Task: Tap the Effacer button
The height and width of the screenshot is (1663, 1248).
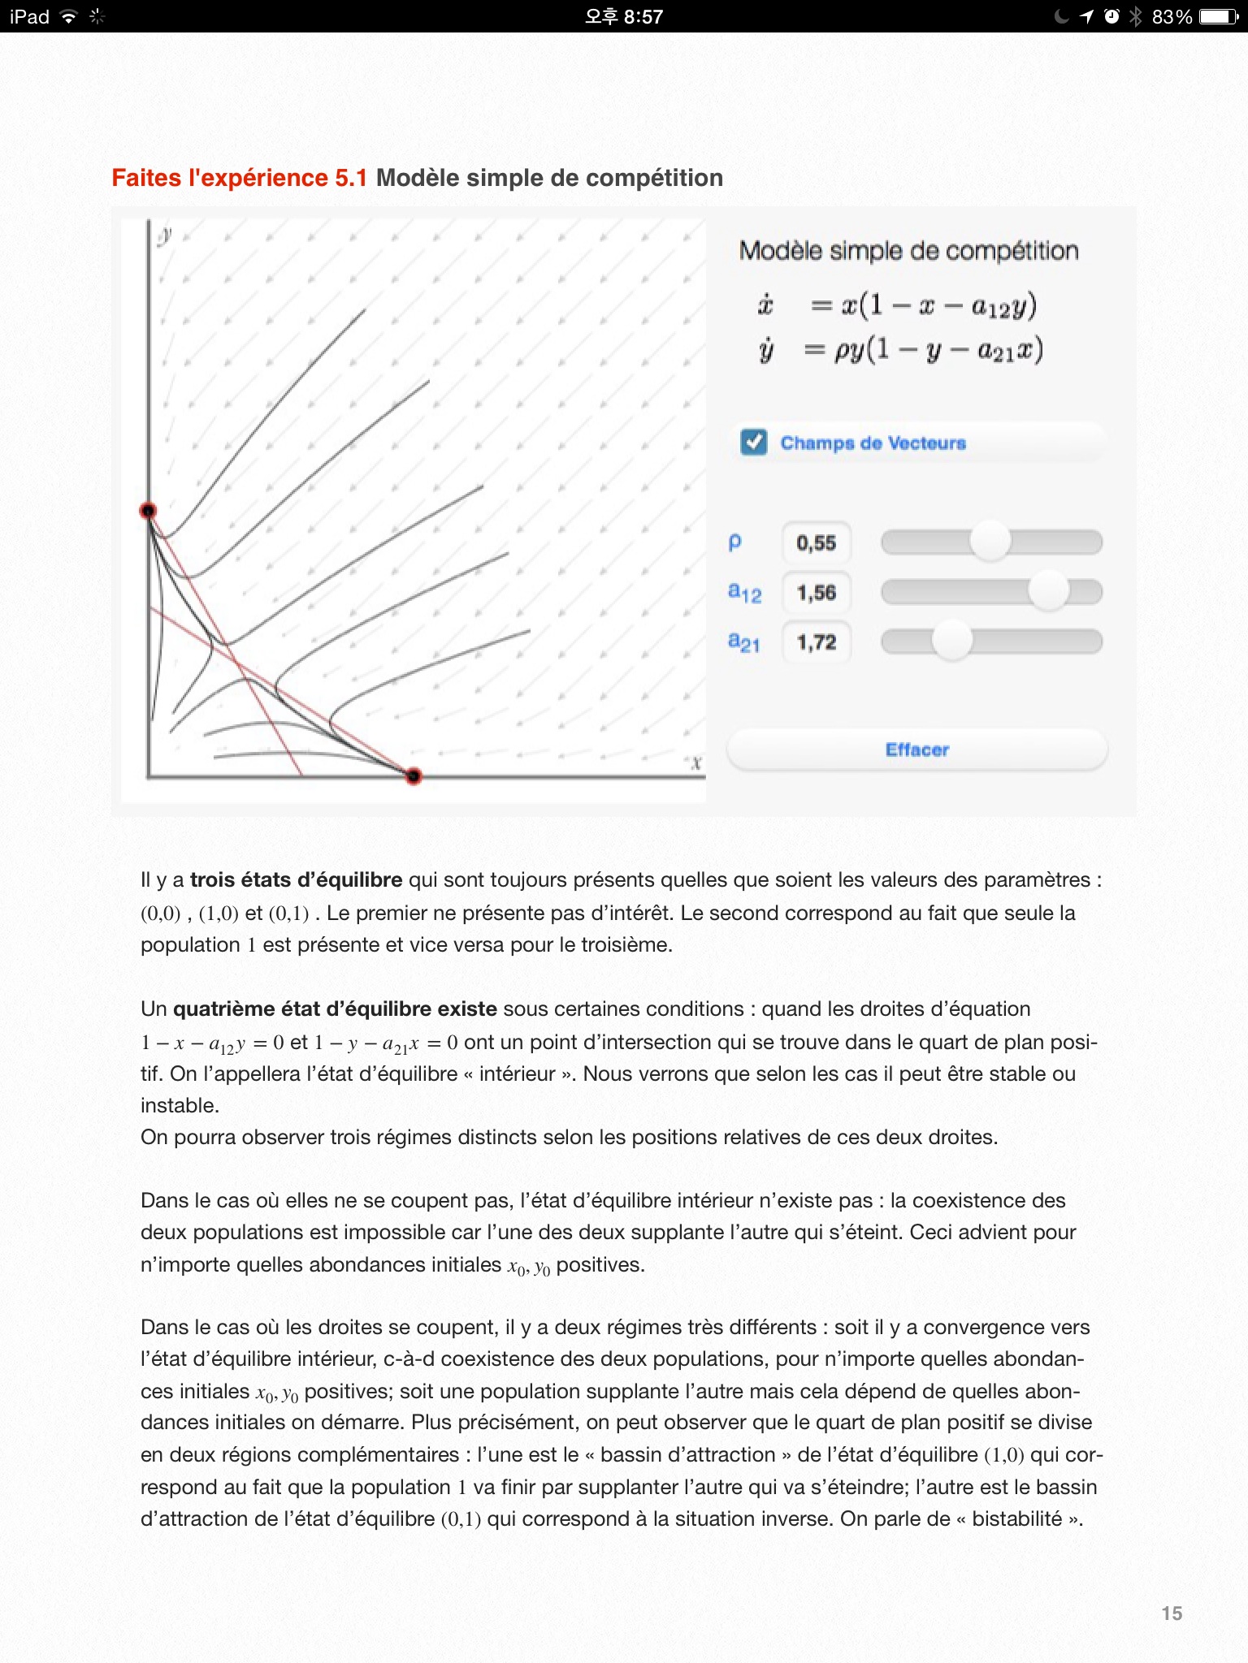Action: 916,749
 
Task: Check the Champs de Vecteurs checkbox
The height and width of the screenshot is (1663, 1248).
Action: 753,443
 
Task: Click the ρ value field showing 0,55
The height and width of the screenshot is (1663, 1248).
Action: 817,543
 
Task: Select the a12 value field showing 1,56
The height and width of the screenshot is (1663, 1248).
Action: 817,593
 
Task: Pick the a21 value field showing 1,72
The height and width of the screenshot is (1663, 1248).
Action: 817,642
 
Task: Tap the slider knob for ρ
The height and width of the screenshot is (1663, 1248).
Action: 990,542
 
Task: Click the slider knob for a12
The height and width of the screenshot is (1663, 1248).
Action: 1048,591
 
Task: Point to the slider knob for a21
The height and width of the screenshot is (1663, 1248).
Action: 951,641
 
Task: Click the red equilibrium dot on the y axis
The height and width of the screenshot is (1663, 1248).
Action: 148,511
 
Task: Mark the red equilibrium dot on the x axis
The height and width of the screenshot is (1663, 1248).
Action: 414,776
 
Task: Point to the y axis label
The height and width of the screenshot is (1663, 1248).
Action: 166,235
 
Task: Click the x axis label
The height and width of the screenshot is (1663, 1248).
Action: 695,762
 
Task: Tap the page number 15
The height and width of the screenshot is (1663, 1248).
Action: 1172,1613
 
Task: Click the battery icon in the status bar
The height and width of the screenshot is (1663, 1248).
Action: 1219,16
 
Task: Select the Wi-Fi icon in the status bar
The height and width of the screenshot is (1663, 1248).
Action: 69,16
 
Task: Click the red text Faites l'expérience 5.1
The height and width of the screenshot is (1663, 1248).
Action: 239,178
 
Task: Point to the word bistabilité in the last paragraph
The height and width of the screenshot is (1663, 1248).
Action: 1017,1518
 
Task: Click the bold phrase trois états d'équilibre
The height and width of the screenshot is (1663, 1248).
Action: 296,879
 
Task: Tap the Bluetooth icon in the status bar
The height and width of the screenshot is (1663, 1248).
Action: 1135,16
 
